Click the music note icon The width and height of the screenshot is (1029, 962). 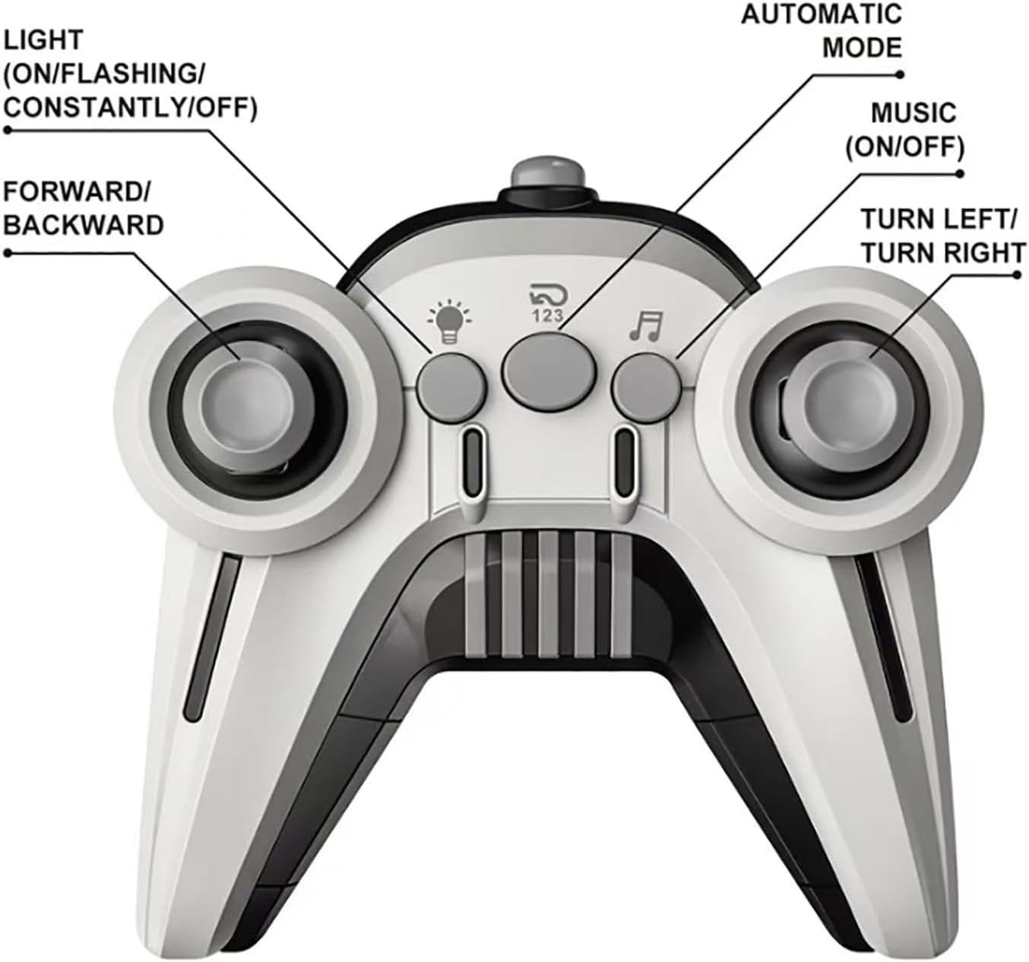point(645,325)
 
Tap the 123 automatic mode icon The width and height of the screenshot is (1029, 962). point(548,302)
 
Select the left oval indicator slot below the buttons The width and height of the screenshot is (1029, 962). point(473,457)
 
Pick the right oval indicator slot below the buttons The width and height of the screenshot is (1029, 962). point(625,457)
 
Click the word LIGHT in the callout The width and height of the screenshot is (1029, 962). point(43,40)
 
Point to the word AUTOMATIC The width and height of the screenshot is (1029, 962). point(822,14)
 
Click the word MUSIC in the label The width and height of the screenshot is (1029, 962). point(913,113)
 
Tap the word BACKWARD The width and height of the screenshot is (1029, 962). point(84,226)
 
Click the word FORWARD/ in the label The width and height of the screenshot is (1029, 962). point(76,191)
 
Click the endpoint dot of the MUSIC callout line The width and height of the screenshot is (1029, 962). point(960,174)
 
